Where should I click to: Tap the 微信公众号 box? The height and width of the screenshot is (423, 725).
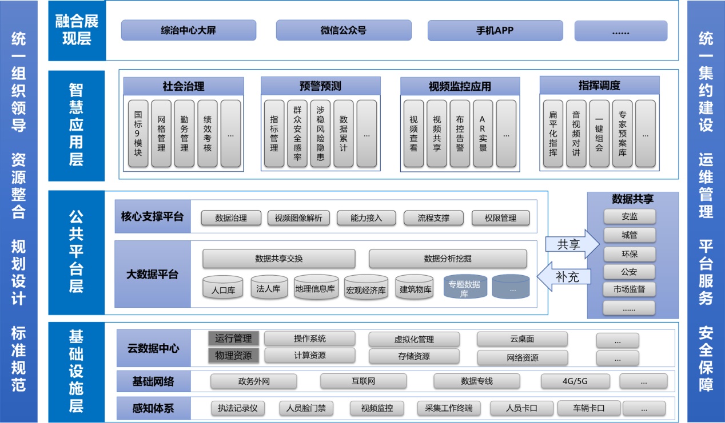[x=343, y=30]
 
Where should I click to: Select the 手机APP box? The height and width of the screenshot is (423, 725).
[x=495, y=30]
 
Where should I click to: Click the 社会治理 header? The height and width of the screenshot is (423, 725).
[x=184, y=87]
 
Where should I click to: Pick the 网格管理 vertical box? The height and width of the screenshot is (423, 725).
[x=161, y=134]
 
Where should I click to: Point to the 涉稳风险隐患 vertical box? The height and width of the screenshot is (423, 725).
[x=320, y=134]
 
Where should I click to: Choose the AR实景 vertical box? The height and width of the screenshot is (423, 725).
[x=483, y=134]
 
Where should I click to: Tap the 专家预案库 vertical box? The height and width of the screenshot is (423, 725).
[x=622, y=134]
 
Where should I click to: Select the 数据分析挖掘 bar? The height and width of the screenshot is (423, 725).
[x=448, y=259]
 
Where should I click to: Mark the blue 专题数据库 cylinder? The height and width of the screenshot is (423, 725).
[x=464, y=287]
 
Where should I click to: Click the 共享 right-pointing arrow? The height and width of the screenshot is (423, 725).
[x=572, y=244]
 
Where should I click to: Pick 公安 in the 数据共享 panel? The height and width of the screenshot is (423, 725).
[x=629, y=272]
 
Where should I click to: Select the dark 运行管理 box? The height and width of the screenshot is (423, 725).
[x=233, y=338]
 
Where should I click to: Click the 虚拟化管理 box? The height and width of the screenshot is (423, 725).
[x=414, y=339]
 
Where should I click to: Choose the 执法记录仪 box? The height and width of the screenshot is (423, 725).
[x=238, y=408]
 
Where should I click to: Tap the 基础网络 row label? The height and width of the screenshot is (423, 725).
[x=153, y=381]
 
